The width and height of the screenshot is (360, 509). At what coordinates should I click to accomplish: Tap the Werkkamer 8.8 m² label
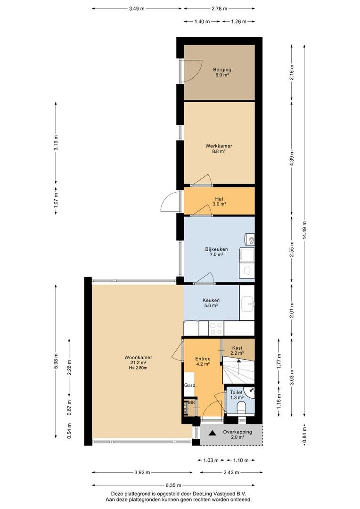click(x=219, y=148)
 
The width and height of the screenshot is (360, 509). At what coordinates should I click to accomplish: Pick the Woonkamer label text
click(x=138, y=357)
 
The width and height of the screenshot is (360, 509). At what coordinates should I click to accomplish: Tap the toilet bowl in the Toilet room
click(x=242, y=408)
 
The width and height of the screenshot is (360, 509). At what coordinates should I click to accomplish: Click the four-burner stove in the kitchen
click(x=216, y=328)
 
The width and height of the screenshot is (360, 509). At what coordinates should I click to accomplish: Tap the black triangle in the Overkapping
click(x=213, y=432)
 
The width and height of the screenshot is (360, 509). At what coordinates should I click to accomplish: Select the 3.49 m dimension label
click(x=137, y=9)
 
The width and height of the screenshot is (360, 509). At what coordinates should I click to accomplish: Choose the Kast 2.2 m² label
click(x=237, y=351)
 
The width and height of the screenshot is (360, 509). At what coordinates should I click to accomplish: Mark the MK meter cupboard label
click(x=192, y=402)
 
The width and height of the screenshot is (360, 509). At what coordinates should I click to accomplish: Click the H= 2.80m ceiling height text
click(x=138, y=368)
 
